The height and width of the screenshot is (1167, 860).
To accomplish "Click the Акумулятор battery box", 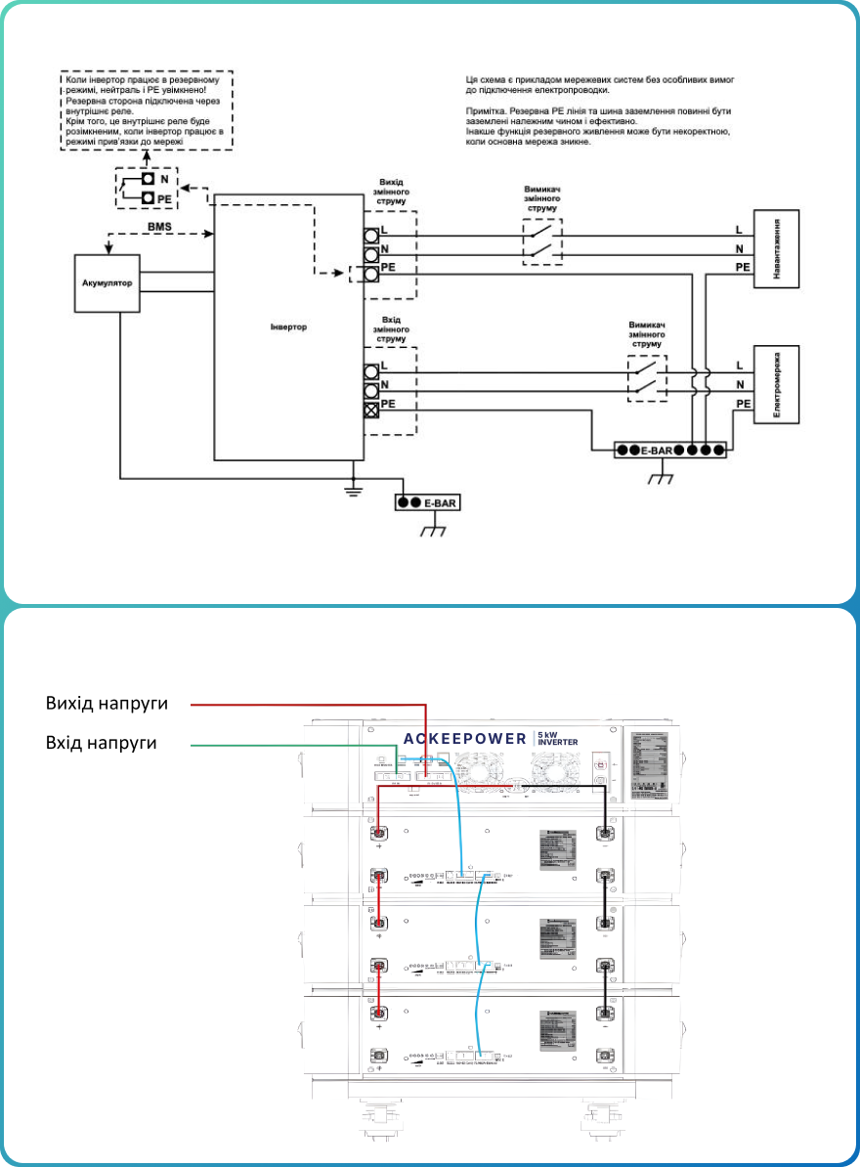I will tap(106, 283).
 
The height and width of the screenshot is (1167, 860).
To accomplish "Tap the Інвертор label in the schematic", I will tap(288, 326).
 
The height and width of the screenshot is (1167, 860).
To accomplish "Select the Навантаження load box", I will tap(776, 248).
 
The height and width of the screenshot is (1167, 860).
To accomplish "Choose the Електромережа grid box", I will tap(776, 384).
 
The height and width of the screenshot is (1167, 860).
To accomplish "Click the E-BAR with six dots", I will tap(670, 451).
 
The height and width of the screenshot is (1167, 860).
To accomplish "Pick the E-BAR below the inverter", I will tap(426, 502).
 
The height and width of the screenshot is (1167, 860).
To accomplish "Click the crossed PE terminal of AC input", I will tap(371, 410).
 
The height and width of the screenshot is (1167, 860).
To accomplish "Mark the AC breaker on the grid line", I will tap(646, 377).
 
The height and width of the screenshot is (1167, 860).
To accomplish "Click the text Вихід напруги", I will tap(107, 704).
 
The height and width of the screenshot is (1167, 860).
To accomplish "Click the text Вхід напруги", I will tap(102, 744).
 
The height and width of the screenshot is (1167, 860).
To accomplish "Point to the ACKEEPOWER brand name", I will tap(465, 738).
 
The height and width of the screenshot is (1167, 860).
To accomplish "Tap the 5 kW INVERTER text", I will tap(558, 737).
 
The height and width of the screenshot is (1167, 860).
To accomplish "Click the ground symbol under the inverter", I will tap(355, 490).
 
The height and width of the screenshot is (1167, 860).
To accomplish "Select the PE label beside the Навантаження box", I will tap(743, 267).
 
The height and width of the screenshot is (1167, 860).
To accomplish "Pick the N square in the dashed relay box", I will tap(147, 179).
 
